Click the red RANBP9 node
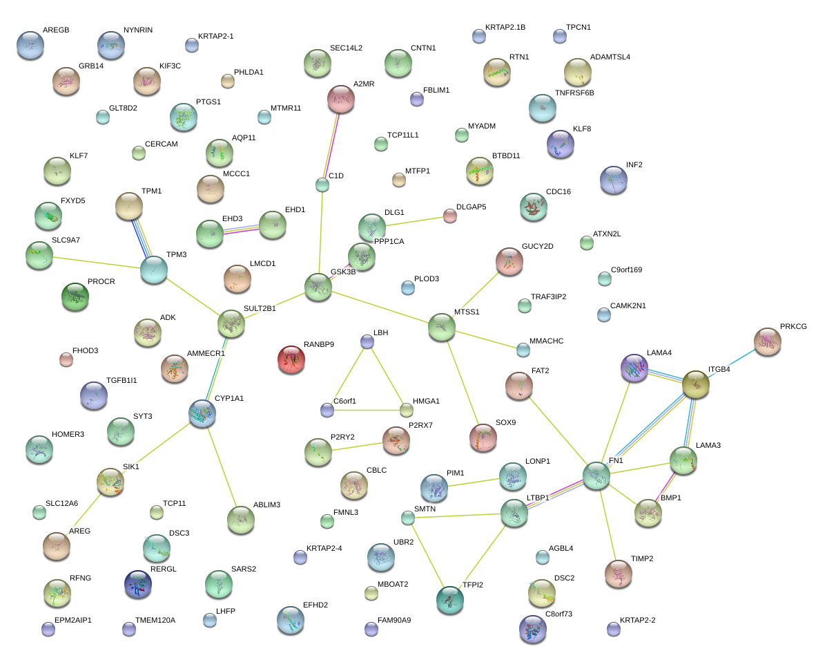(291, 359)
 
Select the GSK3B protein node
(318, 287)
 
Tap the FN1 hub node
(596, 475)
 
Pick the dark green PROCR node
(75, 296)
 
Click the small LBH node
(367, 341)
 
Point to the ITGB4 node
(696, 384)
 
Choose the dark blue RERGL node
(138, 584)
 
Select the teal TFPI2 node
(450, 600)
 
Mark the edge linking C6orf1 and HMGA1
(367, 411)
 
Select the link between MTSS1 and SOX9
(462, 382)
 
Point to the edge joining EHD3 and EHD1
(242, 229)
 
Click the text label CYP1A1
(229, 399)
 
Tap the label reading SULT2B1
(260, 308)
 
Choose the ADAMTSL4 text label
(610, 57)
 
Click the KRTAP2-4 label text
(324, 548)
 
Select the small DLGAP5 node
(450, 216)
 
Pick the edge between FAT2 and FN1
(557, 431)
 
